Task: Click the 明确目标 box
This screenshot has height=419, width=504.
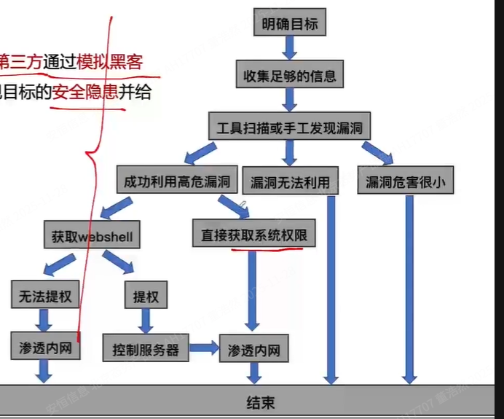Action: [289, 24]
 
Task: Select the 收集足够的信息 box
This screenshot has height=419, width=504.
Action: [289, 74]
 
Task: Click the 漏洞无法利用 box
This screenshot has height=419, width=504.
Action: [290, 181]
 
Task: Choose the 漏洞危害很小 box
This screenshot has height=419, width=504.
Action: [406, 181]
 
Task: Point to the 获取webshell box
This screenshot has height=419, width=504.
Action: [92, 236]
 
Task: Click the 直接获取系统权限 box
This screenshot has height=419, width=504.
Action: [253, 235]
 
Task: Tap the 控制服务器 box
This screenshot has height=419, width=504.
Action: [146, 348]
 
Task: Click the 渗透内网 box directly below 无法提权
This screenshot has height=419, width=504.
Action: [43, 347]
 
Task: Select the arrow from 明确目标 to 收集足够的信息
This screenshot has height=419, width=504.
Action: [289, 48]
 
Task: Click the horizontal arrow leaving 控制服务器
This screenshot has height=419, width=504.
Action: [206, 348]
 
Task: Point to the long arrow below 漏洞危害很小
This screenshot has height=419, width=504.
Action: [409, 288]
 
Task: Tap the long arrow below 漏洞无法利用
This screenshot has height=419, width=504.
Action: [331, 288]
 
